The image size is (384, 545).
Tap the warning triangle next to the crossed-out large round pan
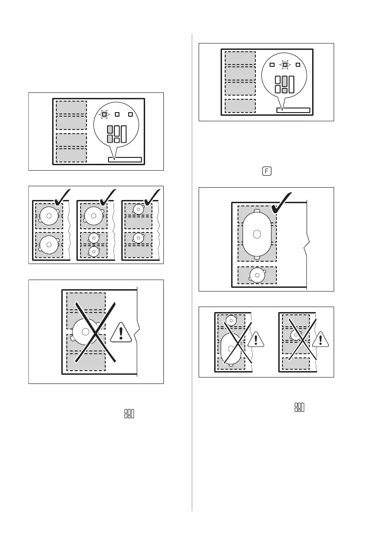[x=121, y=331]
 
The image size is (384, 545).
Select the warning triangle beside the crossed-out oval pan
[x=256, y=340]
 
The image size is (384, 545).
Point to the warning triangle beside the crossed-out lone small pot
[x=321, y=340]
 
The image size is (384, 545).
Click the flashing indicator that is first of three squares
[x=104, y=115]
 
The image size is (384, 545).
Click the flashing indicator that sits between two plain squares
[x=285, y=65]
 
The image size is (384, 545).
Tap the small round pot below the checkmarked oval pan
[x=257, y=275]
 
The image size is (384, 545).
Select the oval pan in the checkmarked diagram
[x=257, y=234]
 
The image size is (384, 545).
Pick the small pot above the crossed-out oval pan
[x=232, y=321]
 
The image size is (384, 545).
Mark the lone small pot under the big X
[x=296, y=335]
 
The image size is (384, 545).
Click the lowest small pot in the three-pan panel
[x=93, y=251]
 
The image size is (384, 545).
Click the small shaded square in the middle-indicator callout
[x=285, y=91]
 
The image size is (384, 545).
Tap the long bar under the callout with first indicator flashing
[x=125, y=160]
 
